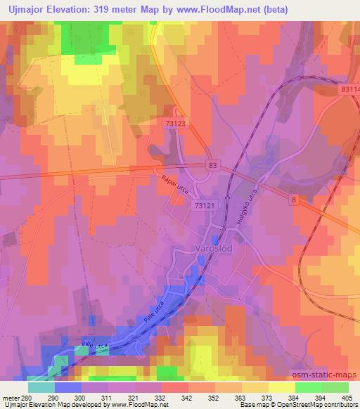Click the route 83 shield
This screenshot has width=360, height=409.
pos(212,164)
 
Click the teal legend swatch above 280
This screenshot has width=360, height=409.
pos(41,387)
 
